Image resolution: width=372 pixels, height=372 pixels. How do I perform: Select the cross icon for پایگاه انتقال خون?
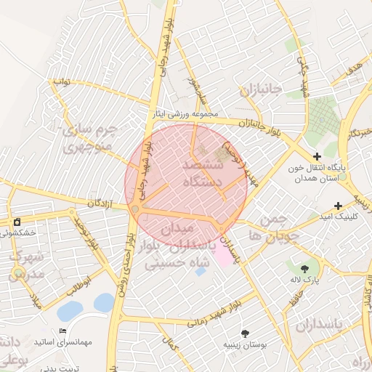click(317, 155)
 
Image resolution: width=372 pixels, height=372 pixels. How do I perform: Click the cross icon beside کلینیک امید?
click(338, 206)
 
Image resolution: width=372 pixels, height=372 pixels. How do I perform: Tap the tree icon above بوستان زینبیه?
click(244, 332)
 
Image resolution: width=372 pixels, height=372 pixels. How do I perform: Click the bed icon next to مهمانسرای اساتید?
click(61, 331)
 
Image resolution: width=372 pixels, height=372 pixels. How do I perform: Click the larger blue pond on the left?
click(70, 311)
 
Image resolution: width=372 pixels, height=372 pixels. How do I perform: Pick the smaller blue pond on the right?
click(103, 302)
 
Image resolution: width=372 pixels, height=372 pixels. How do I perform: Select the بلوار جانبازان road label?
click(259, 129)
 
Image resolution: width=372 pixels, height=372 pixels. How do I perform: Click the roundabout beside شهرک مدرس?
click(17, 274)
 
